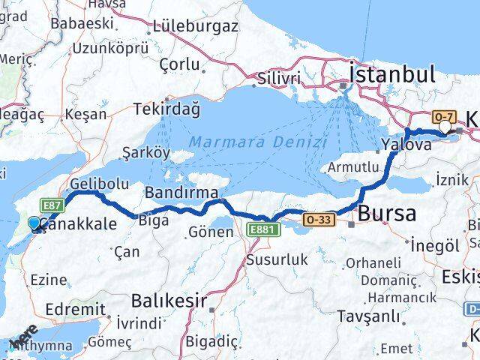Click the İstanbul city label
point(391,74)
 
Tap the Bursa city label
point(386,214)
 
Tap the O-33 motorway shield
point(318,220)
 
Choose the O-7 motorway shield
point(442,117)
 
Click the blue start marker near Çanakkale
point(34,223)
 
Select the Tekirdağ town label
point(166,109)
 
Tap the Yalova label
point(406,145)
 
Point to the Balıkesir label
point(169,301)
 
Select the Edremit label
point(74,309)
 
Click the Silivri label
point(278,79)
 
